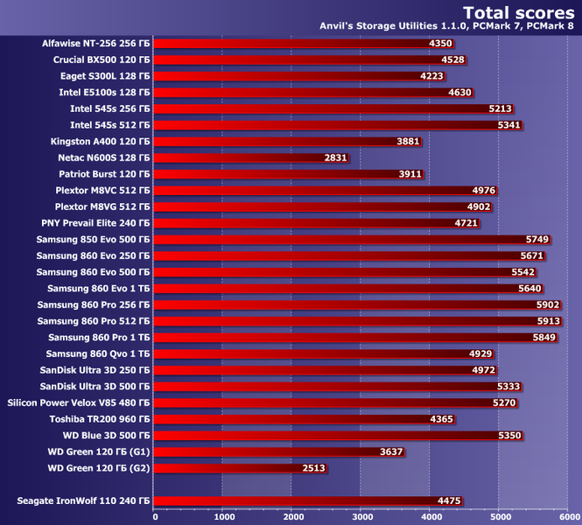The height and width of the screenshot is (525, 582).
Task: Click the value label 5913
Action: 549,321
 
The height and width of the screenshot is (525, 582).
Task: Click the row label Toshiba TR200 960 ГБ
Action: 99,419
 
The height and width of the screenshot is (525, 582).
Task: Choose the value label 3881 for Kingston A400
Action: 408,141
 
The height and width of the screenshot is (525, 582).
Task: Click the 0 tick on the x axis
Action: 155,516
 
